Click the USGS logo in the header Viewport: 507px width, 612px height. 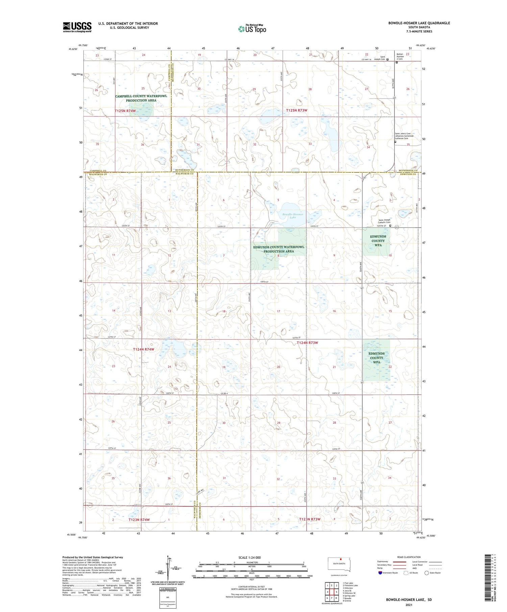[77, 27]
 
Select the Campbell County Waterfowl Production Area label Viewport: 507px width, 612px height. [141, 98]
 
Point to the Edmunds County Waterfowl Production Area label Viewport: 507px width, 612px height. [279, 249]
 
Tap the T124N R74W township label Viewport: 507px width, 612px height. [143, 349]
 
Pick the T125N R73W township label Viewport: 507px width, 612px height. [296, 110]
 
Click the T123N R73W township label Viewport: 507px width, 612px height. [310, 519]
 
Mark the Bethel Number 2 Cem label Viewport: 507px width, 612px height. [400, 56]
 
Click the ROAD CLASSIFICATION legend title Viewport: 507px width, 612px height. [409, 557]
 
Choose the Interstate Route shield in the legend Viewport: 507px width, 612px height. [380, 573]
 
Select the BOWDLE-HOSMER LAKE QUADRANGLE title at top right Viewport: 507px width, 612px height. [419, 23]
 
